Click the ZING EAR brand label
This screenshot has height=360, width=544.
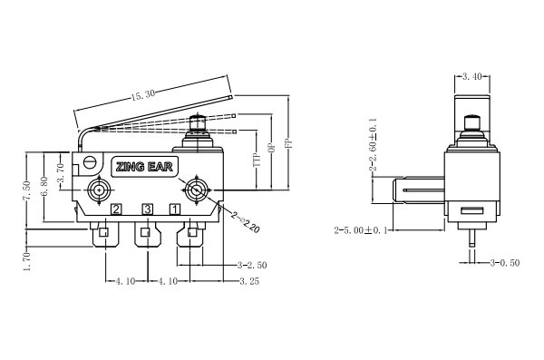click(144, 167)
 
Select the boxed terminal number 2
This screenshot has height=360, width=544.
click(116, 209)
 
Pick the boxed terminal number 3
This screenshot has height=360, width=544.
click(148, 209)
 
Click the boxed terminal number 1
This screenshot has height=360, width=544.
click(174, 209)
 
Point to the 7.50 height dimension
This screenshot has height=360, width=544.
click(27, 190)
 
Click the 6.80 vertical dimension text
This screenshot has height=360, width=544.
click(44, 187)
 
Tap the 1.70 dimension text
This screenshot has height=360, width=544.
click(27, 262)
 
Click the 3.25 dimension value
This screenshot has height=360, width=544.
click(249, 281)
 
